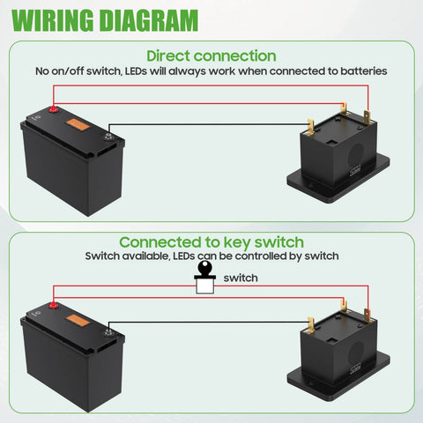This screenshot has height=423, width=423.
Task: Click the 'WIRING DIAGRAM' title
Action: tap(104, 19)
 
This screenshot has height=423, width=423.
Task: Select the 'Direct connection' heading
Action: tap(211, 56)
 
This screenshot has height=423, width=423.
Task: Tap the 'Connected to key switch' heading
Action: tap(211, 241)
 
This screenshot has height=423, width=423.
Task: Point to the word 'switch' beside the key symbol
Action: tap(241, 278)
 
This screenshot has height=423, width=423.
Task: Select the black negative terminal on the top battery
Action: tap(108, 135)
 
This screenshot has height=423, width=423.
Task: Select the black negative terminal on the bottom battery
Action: tap(108, 331)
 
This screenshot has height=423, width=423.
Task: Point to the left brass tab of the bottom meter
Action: tap(309, 322)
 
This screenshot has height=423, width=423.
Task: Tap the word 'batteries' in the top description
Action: tap(360, 70)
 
